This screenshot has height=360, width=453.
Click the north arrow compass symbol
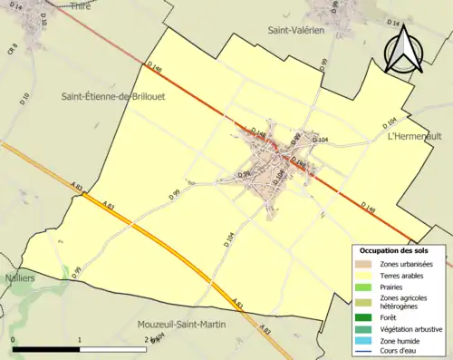pos(402,49)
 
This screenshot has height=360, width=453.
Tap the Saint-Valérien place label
pos(295,30)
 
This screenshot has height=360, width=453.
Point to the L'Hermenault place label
pos(412,136)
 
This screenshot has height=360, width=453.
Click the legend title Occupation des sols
pos(394,250)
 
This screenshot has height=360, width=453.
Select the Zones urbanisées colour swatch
pos(363,264)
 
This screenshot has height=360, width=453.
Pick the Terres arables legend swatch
pos(363,276)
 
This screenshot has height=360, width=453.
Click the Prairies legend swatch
pos(363,287)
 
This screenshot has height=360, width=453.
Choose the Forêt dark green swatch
pos(363,317)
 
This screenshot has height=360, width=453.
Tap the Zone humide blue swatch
pos(363,341)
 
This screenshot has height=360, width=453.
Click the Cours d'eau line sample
pos(363,352)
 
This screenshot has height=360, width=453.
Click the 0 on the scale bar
pos(14,340)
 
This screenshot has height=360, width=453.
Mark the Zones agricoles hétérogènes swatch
pos(363,302)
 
